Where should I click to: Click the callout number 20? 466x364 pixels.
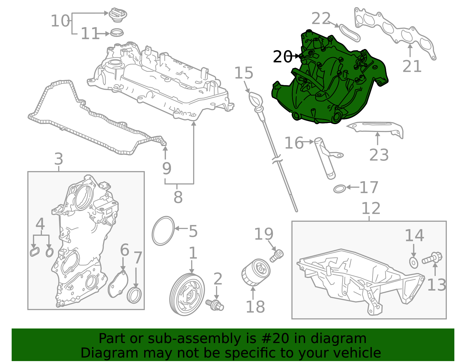(282, 57)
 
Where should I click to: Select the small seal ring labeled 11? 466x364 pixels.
(117, 33)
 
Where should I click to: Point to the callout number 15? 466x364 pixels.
(244, 73)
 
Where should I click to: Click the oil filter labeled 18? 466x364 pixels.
(256, 272)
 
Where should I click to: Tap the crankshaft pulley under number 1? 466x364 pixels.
(187, 294)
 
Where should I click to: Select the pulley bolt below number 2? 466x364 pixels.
(215, 304)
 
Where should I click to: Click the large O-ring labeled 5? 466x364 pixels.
(163, 231)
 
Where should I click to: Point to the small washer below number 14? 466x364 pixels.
(414, 263)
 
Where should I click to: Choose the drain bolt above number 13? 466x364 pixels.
(432, 258)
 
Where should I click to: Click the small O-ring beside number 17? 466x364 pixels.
(340, 189)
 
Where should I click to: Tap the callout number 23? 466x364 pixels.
(379, 155)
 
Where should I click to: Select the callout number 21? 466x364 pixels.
(412, 66)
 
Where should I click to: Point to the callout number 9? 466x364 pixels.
(167, 168)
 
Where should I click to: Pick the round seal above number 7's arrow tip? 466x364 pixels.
(135, 295)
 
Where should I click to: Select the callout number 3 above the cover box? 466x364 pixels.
(59, 159)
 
